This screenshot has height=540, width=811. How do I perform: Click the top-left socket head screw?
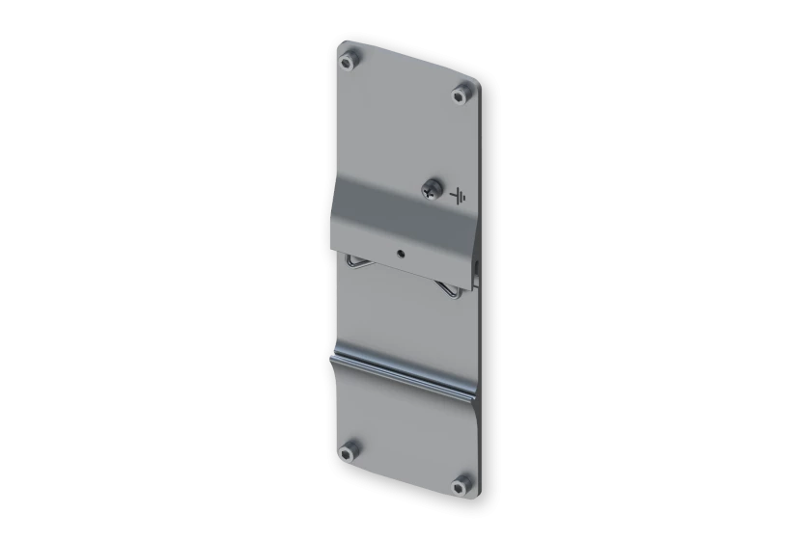pos(347,63)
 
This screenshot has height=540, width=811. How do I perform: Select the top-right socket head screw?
pos(462,94)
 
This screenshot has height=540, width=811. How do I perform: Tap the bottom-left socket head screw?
pos(350,448)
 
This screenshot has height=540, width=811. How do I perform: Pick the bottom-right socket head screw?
pos(463,480)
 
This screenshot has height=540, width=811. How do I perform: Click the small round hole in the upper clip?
pos(401,254)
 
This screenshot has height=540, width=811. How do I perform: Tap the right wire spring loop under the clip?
pos(449,288)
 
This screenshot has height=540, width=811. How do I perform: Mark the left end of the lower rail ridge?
pos(333,358)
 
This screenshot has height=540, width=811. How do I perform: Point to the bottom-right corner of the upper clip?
pos(474,285)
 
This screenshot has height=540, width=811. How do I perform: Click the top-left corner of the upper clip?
pos(336,175)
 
